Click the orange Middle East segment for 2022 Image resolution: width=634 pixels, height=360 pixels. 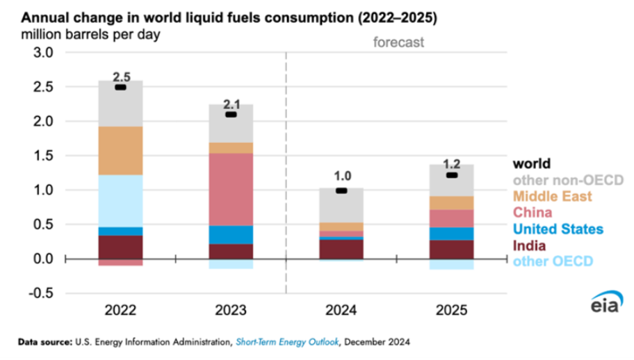(120, 151)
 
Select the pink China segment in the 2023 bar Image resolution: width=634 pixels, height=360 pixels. (231, 189)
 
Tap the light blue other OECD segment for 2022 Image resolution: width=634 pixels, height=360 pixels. (120, 200)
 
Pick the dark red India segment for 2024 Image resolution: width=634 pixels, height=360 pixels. (341, 249)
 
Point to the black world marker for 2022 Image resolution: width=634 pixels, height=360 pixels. (120, 88)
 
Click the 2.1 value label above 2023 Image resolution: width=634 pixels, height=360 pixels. (231, 104)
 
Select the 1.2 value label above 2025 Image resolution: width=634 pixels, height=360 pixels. (451, 165)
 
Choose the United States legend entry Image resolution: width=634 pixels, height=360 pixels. (557, 229)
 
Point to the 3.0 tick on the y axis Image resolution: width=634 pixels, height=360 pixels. (43, 53)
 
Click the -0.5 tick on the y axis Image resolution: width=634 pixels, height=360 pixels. (41, 293)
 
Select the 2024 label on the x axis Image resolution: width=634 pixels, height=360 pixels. (341, 311)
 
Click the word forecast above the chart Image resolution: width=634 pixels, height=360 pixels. (398, 42)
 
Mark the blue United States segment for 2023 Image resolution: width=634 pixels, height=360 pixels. (231, 235)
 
